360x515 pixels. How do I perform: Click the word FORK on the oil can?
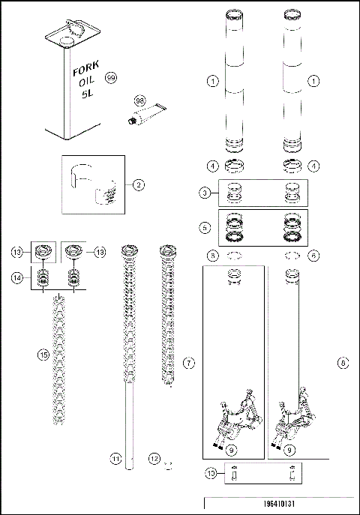point(83,72)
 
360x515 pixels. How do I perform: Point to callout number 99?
point(112,79)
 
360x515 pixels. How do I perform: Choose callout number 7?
point(189,363)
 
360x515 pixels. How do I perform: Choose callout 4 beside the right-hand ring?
point(313,165)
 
